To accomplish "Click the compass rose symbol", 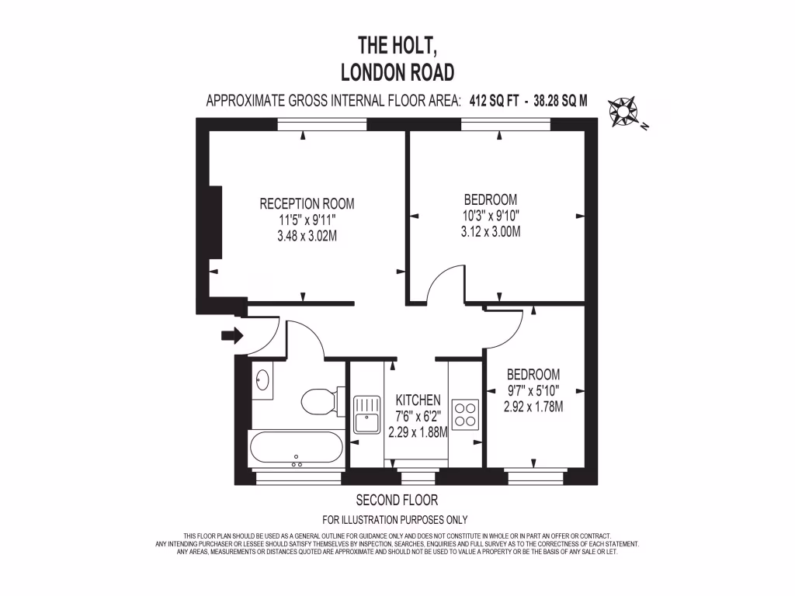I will pos(623,112).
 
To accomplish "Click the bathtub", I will pos(296,450).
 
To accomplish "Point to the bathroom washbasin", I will pos(262,381).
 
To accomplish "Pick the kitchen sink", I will pos(365,414).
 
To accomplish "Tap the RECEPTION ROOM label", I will pos(307,204).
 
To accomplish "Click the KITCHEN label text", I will pos(418,400).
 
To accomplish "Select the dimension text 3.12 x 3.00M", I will pos(490,231).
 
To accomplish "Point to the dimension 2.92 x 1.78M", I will pos(533,407).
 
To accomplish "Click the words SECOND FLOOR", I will pos(397,500).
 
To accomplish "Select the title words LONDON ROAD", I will pos(397,72).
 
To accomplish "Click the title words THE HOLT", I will pos(397,43).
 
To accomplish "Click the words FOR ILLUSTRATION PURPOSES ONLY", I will pos(395,520).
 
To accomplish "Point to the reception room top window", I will pos(322,124).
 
